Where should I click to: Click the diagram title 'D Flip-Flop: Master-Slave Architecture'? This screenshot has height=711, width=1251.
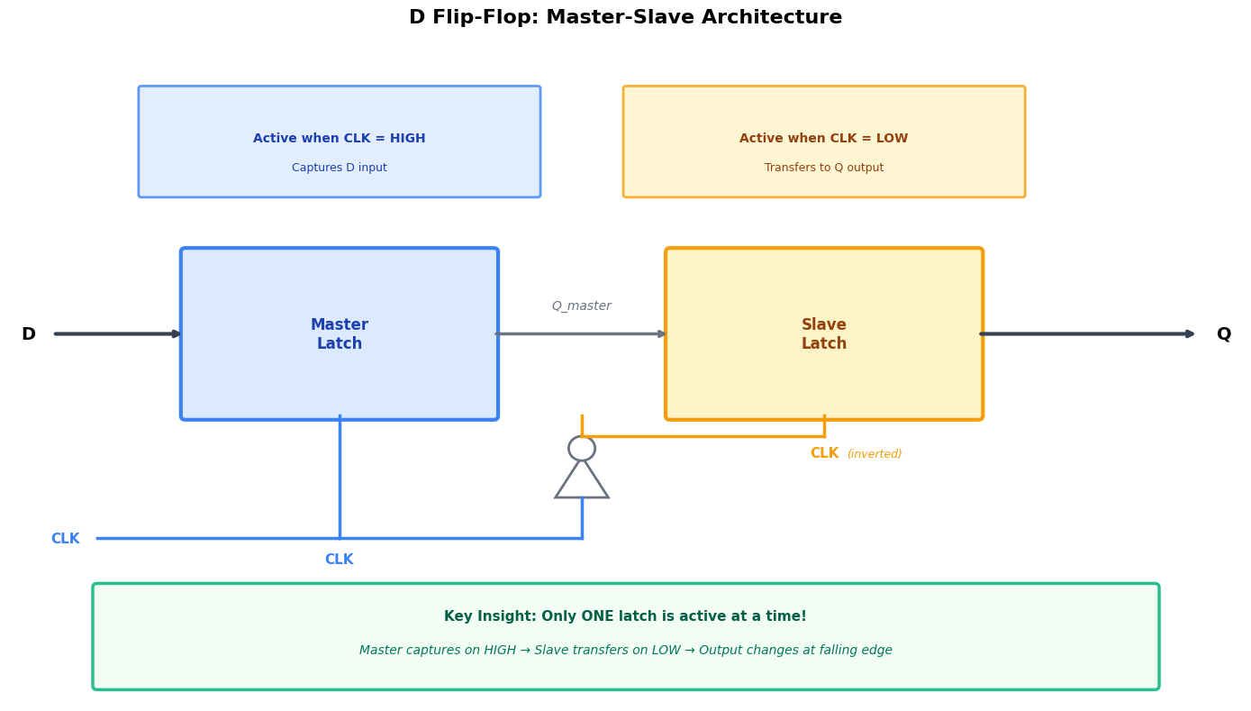[625, 18]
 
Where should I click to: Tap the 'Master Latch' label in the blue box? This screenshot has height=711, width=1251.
[340, 334]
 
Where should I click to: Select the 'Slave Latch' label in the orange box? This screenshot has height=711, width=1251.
[823, 334]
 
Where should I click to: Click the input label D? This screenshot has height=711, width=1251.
[29, 334]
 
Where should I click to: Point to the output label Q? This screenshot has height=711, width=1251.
[1223, 334]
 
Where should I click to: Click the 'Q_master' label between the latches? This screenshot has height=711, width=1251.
[581, 306]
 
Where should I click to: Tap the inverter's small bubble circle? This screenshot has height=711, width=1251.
[582, 448]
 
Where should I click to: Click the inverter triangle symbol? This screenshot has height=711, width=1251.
[582, 481]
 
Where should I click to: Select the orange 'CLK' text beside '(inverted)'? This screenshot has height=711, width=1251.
[824, 453]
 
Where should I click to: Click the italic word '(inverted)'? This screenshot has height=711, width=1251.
[874, 454]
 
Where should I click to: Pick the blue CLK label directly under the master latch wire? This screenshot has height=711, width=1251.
[339, 560]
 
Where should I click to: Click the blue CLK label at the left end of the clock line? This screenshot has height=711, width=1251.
[65, 539]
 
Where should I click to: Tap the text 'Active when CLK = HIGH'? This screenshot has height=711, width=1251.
[339, 139]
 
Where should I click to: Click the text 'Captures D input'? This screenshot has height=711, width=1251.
[339, 168]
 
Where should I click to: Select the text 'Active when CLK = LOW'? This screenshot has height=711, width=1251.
[823, 139]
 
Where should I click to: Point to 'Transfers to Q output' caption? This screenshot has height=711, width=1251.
[823, 168]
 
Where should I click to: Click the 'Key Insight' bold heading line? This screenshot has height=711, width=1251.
[625, 616]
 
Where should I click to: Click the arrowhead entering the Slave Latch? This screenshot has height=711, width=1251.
[661, 334]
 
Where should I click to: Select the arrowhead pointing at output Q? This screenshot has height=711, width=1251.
[1189, 334]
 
